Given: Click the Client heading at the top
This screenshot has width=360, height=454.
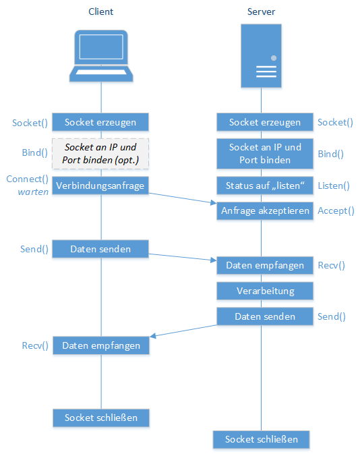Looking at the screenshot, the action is [x=100, y=11].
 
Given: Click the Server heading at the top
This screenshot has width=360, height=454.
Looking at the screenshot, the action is [x=261, y=11].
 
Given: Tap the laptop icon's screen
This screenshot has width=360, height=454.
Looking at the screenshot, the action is [x=101, y=47].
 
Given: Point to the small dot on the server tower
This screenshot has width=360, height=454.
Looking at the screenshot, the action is [x=274, y=58].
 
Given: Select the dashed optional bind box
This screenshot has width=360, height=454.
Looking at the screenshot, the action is [x=100, y=153].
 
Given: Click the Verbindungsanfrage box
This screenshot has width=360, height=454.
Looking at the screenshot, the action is [x=100, y=186].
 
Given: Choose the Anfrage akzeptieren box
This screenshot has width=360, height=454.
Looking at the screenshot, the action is [x=265, y=210].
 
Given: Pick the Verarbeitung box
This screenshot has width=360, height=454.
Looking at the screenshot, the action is [x=265, y=291].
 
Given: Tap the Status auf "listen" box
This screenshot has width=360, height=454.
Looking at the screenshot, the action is [x=265, y=186].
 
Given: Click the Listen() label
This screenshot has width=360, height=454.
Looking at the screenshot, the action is [x=334, y=186].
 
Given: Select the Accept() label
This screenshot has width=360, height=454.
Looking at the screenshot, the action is [x=336, y=210].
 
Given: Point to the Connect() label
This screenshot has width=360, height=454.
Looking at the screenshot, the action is [x=27, y=179].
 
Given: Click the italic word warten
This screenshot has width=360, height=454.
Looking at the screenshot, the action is [x=33, y=192].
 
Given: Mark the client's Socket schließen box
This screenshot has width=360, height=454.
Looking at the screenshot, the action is [x=101, y=418].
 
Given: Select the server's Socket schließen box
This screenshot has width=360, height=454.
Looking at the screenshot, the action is [x=262, y=439].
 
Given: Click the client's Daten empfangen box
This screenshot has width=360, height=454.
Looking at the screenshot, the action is [x=101, y=345].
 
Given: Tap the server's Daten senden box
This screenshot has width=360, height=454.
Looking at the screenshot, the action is [x=265, y=316].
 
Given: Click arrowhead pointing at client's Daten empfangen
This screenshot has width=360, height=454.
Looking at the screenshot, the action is [x=153, y=336].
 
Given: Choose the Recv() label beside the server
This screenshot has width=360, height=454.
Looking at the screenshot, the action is [x=332, y=266].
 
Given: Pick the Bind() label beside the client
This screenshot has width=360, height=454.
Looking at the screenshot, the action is [x=35, y=152].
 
